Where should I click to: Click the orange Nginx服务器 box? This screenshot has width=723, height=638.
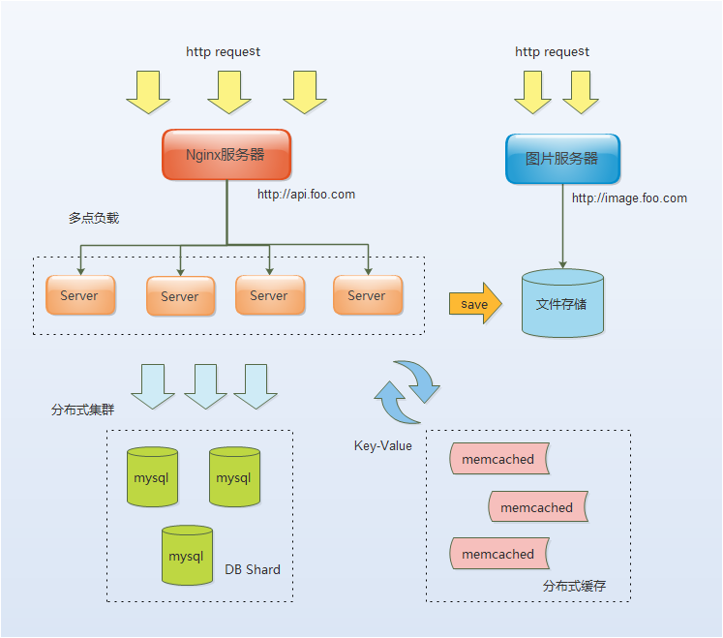coord(226,155)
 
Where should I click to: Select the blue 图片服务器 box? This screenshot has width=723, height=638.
coord(562,159)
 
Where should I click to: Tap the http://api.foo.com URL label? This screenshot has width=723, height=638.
coord(306,195)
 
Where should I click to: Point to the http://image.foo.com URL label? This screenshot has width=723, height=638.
coord(629,198)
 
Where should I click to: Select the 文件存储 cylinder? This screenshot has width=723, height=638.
coord(562,304)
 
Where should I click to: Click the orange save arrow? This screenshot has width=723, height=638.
coord(475,304)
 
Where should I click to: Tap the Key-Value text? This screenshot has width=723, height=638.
coord(382,446)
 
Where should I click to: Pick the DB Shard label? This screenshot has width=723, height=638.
coord(253,569)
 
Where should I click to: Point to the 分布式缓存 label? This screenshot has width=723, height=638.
coord(574,587)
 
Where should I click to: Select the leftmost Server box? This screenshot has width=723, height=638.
coord(79,295)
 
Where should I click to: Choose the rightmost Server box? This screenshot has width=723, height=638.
coord(367,295)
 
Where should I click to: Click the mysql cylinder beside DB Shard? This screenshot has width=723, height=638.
coord(187,556)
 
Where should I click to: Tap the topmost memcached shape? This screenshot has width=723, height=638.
coord(498,459)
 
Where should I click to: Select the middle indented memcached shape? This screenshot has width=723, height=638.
coord(537,507)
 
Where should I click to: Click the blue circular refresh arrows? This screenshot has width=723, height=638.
coord(407,392)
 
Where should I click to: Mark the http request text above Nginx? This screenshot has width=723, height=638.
coord(223,51)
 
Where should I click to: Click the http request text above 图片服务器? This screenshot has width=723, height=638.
coord(552,51)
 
